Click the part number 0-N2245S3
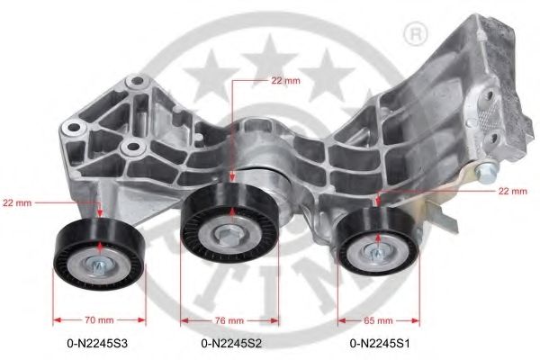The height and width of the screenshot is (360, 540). pyautogui.click(x=97, y=342)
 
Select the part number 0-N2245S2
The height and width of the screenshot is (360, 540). pyautogui.click(x=230, y=342)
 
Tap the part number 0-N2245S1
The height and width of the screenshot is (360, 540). pyautogui.click(x=378, y=342)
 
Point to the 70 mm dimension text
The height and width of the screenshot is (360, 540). pyautogui.click(x=100, y=319)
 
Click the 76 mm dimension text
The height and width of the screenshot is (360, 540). pyautogui.click(x=230, y=319)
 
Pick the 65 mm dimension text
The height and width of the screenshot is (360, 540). pyautogui.click(x=379, y=319)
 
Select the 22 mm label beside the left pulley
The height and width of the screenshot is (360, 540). pyautogui.click(x=17, y=203)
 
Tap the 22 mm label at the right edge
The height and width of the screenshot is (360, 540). pyautogui.click(x=512, y=192)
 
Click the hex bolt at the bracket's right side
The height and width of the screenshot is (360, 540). pyautogui.click(x=488, y=174)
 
